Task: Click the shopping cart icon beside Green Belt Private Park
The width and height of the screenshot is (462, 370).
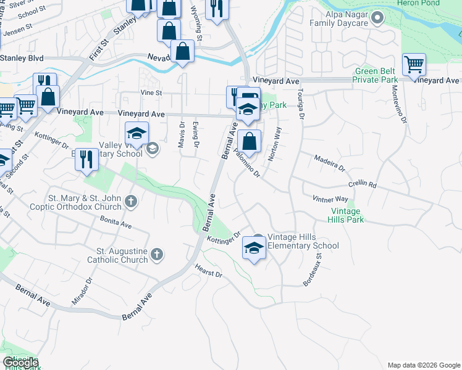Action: pyautogui.click(x=414, y=65)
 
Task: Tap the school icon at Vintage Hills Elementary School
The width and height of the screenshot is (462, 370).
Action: pyautogui.click(x=253, y=247)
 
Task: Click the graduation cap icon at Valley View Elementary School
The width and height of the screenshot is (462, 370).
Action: pyautogui.click(x=137, y=133)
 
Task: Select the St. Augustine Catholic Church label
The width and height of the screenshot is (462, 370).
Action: pyautogui.click(x=122, y=255)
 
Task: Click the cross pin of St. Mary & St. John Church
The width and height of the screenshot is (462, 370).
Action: pyautogui.click(x=131, y=201)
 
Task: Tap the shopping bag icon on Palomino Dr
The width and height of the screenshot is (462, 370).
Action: pyautogui.click(x=248, y=141)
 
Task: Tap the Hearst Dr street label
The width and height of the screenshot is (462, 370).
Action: pyautogui.click(x=208, y=269)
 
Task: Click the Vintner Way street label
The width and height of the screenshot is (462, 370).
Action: pyautogui.click(x=330, y=199)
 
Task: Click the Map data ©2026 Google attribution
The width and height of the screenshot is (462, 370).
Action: pyautogui.click(x=423, y=364)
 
